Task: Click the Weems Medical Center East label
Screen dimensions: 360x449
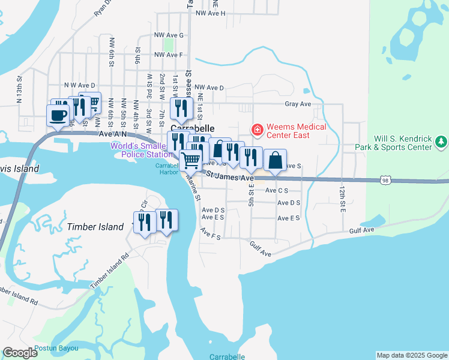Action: click(x=296, y=131)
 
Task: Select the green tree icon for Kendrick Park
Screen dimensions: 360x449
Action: click(x=442, y=142)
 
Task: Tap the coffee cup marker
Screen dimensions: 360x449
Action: click(x=58, y=115)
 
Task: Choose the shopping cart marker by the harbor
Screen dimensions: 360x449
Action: click(x=191, y=160)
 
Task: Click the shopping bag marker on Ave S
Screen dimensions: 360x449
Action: click(x=275, y=160)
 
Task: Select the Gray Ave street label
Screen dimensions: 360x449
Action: click(x=298, y=104)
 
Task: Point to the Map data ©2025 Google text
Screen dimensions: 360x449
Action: click(x=411, y=355)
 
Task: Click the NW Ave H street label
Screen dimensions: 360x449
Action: click(x=210, y=13)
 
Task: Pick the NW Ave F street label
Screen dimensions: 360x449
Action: click(x=168, y=55)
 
